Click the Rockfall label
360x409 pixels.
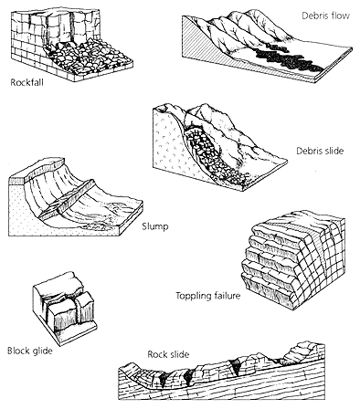click(x=26, y=82)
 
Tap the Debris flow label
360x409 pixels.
click(x=325, y=16)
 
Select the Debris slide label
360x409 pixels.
click(x=320, y=151)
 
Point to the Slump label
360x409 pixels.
click(x=155, y=226)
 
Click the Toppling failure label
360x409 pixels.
click(x=208, y=296)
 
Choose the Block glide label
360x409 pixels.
click(x=30, y=351)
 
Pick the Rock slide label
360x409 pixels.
click(x=168, y=354)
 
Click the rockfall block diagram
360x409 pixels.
click(x=72, y=45)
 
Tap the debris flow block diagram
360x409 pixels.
click(x=267, y=46)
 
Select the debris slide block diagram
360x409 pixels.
click(x=219, y=148)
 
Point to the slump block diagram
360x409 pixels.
click(x=76, y=198)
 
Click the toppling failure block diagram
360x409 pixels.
click(x=293, y=259)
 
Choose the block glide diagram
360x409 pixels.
click(x=65, y=308)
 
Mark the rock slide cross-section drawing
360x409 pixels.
click(x=222, y=372)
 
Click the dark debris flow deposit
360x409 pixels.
click(x=285, y=58)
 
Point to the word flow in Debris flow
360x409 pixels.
click(x=338, y=16)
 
